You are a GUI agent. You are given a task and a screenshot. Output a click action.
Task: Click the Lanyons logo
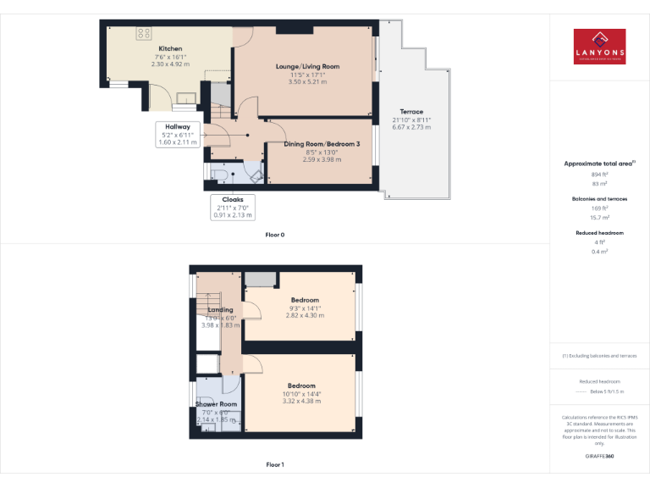tap(599, 46)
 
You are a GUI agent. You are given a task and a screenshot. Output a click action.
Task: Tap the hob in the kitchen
tap(140, 33)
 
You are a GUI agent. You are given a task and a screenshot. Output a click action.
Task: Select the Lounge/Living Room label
tap(306, 66)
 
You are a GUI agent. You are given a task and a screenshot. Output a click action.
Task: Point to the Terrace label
tap(411, 112)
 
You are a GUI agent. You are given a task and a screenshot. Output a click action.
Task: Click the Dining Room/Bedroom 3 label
tap(322, 144)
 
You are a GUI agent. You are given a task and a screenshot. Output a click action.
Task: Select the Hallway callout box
tap(177, 134)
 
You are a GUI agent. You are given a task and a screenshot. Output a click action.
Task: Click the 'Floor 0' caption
tap(275, 235)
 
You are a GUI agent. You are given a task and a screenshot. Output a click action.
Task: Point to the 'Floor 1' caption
tap(275, 464)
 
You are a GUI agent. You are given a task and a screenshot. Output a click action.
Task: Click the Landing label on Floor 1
tap(220, 310)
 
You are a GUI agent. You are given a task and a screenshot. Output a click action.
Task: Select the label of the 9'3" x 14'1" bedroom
tap(305, 301)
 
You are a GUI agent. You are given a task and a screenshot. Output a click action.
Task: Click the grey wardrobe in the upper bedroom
tap(261, 280)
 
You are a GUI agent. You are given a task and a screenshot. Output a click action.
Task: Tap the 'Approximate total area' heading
tap(599, 164)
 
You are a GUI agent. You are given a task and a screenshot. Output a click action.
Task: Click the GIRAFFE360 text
tap(599, 456)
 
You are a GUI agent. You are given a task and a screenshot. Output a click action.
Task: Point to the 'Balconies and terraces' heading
tap(599, 199)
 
